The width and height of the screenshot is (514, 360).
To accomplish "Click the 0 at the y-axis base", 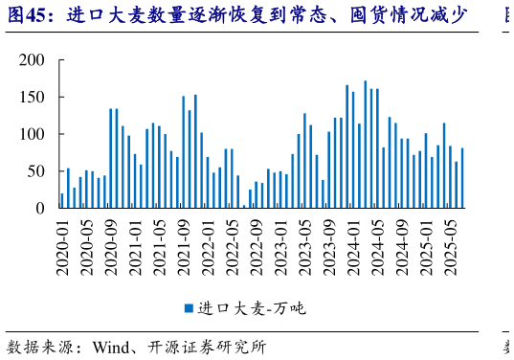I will coord(40,208).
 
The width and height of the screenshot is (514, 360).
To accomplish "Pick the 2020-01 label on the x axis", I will coord(63,246).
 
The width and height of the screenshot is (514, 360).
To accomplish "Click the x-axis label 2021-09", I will coord(183,246).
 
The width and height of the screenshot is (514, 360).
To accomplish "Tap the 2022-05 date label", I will coord(232,246).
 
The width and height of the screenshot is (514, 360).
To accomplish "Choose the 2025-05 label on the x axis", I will coord(450,246).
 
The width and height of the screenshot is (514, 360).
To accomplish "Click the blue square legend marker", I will coord(190,308).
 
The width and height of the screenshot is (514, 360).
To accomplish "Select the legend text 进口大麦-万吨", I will coord(252,308).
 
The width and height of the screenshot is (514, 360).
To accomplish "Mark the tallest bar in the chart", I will coord(365,145).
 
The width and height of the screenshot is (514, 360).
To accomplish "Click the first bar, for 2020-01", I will coord(62,201).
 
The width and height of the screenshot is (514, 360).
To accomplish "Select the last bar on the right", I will coord(462,178).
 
